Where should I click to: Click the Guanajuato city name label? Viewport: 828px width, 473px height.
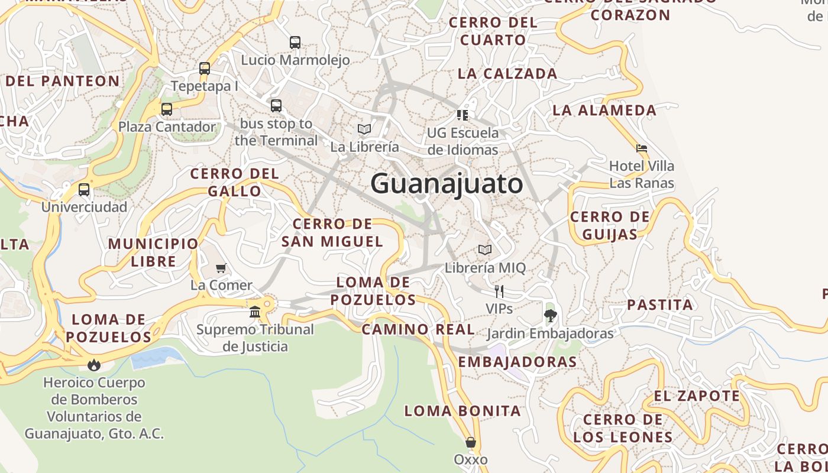(447, 184)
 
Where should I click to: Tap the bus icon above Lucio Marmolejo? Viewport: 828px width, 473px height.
(295, 43)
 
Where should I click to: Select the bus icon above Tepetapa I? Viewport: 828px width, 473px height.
(205, 69)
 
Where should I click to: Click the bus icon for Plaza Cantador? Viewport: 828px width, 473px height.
(167, 109)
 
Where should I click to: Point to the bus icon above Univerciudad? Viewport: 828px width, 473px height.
(84, 190)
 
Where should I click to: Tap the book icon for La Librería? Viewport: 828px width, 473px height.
(364, 129)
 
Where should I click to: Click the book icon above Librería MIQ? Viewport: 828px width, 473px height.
(485, 250)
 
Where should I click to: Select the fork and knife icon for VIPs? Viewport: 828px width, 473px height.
(499, 291)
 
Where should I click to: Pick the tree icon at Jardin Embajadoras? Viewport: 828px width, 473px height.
(550, 316)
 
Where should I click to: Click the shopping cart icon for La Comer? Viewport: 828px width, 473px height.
(221, 268)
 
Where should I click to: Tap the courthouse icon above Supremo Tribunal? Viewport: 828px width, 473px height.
(255, 312)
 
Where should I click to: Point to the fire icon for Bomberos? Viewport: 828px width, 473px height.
(94, 365)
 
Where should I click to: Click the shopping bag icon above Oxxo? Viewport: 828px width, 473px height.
(471, 442)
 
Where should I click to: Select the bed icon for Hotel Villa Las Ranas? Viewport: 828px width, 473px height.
(642, 148)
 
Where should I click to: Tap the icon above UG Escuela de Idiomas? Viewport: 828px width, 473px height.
(462, 115)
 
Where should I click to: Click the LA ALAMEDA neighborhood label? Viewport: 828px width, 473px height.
(604, 110)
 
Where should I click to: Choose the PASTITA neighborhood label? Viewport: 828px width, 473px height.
(659, 305)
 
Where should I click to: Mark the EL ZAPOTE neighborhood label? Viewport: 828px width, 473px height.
(697, 396)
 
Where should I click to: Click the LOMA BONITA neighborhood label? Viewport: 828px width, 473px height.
(462, 411)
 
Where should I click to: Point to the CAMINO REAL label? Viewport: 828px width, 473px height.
(418, 329)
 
